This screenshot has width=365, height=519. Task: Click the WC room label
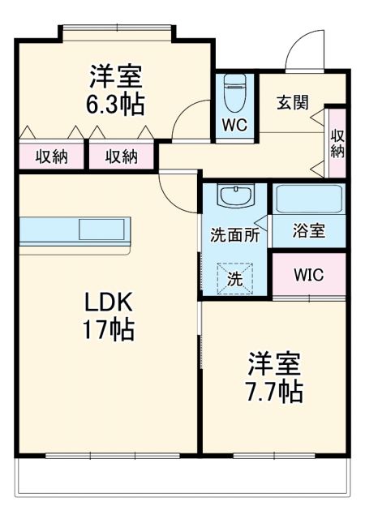pyautogui.click(x=235, y=126)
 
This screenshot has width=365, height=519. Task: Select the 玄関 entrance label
pyautogui.click(x=291, y=102)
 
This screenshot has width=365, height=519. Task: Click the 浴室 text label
pyautogui.click(x=308, y=231)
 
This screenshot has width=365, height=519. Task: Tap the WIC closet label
pyautogui.click(x=308, y=275)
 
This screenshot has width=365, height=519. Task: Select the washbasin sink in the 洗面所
pyautogui.click(x=235, y=196)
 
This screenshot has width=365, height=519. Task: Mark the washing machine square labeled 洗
pyautogui.click(x=234, y=277)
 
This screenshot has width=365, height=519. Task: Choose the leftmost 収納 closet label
pyautogui.click(x=50, y=157)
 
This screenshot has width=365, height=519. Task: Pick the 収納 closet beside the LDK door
pyautogui.click(x=120, y=157)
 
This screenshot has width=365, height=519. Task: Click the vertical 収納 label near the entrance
pyautogui.click(x=337, y=143)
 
